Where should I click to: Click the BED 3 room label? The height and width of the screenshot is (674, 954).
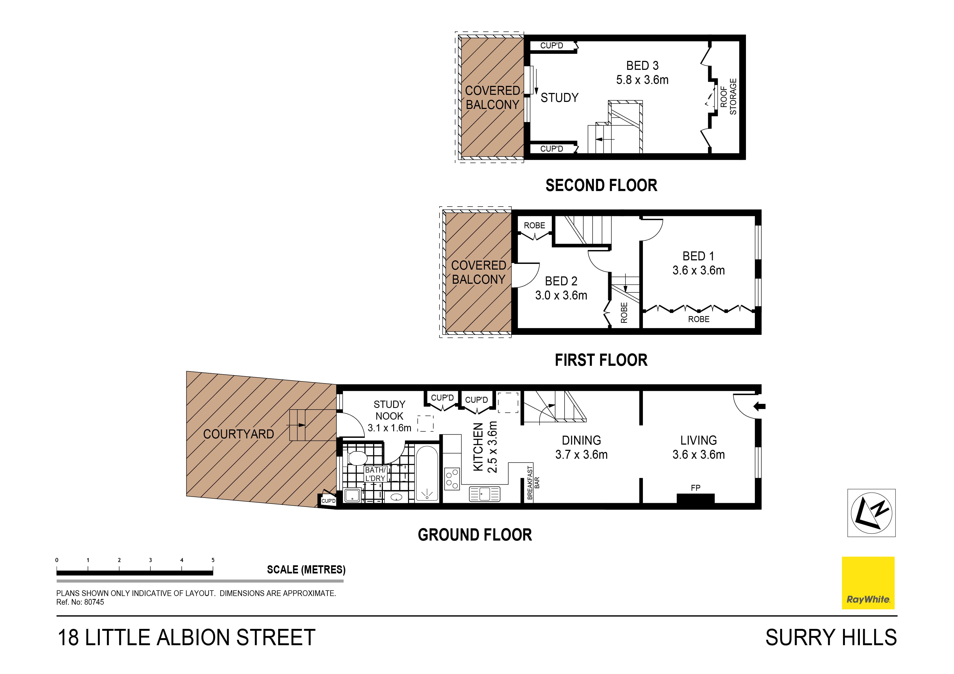(642, 65)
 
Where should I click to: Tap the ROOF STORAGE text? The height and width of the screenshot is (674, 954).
(728, 97)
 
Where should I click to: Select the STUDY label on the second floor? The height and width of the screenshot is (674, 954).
(559, 98)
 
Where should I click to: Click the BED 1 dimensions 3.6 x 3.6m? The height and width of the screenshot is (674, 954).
(698, 270)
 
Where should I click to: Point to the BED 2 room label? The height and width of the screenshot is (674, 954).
(561, 281)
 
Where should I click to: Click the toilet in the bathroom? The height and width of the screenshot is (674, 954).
(357, 458)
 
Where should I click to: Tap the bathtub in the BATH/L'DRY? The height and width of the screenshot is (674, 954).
(427, 473)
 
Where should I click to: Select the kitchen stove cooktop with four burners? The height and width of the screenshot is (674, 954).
(452, 478)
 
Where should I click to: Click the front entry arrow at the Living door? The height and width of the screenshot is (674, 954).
(759, 407)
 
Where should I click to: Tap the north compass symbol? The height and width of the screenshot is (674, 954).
(871, 513)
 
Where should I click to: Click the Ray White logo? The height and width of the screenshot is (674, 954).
(868, 583)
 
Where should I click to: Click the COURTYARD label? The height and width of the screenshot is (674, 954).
(239, 434)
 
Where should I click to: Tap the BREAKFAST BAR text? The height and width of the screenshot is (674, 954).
(533, 483)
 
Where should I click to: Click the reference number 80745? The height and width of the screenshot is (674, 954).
(94, 602)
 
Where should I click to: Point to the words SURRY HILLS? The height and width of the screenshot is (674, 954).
(831, 638)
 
